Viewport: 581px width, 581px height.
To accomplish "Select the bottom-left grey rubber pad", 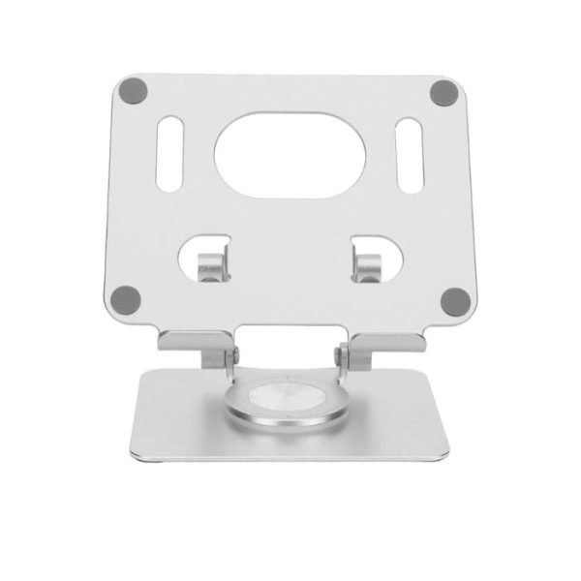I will point(123,298).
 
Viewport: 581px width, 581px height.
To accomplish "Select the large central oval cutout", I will point(288,154).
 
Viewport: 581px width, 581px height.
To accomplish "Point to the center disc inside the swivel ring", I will point(288,397).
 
